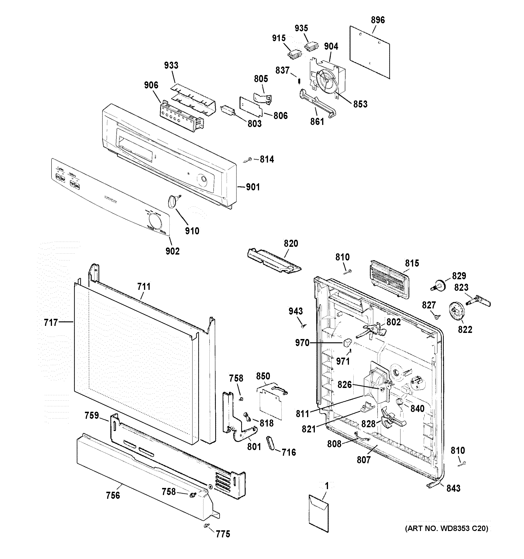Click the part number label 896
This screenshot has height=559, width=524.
[377, 20]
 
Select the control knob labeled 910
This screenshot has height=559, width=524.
[172, 202]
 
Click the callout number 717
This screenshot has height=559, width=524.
[51, 322]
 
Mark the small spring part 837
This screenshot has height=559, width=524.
[300, 81]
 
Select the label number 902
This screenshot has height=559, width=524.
[172, 251]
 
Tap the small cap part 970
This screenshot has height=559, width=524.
[347, 343]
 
